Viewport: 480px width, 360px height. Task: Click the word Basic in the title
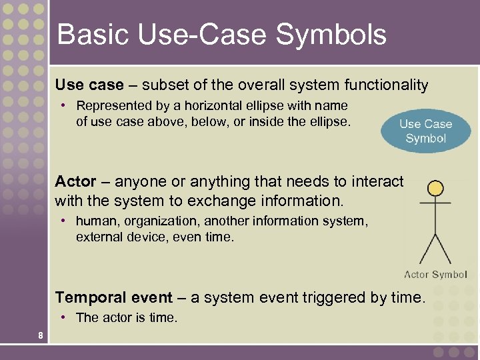tap(84, 35)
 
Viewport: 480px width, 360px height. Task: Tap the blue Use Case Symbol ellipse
tap(425, 131)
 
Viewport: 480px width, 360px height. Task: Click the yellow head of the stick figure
tap(435, 189)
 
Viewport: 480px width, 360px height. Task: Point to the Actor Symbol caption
tap(435, 275)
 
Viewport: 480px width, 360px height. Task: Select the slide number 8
tap(41, 335)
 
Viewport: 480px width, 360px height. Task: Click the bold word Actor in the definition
tap(75, 181)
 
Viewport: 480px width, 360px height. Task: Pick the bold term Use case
tap(89, 85)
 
